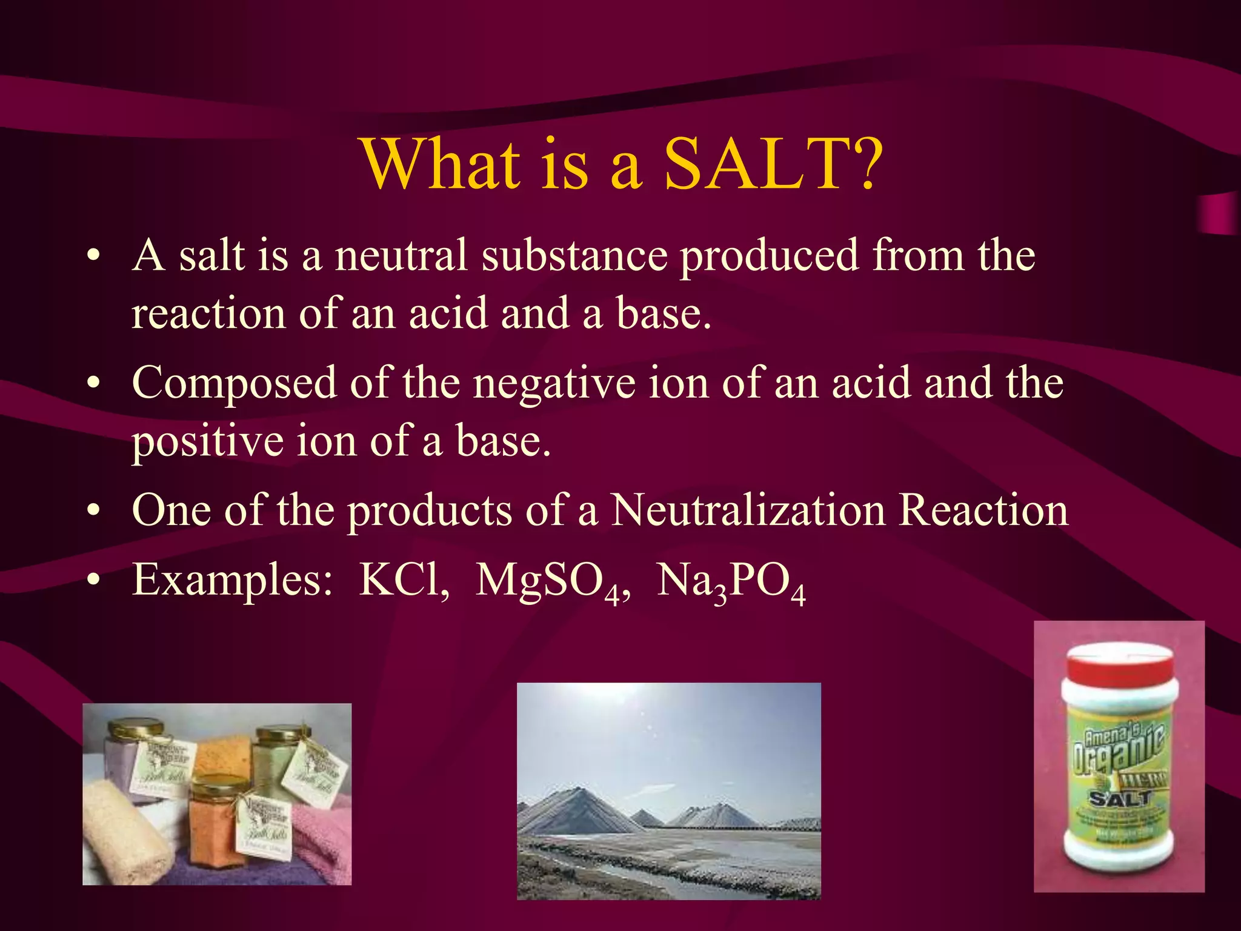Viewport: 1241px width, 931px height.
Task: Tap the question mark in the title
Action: click(863, 164)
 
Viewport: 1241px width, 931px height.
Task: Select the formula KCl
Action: click(403, 581)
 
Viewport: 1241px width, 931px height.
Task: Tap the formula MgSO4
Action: click(551, 582)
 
